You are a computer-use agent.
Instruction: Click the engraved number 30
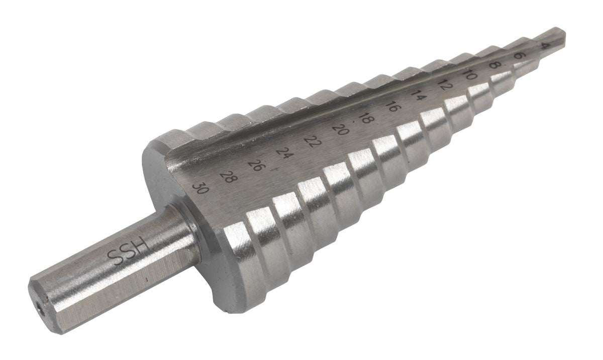click(200, 188)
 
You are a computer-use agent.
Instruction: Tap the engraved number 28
click(229, 176)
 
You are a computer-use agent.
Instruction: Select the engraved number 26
click(256, 165)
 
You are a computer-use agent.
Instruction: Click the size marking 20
click(341, 130)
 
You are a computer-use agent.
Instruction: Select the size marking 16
click(393, 106)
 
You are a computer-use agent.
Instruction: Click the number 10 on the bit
click(470, 75)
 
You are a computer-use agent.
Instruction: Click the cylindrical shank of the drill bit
click(116, 266)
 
